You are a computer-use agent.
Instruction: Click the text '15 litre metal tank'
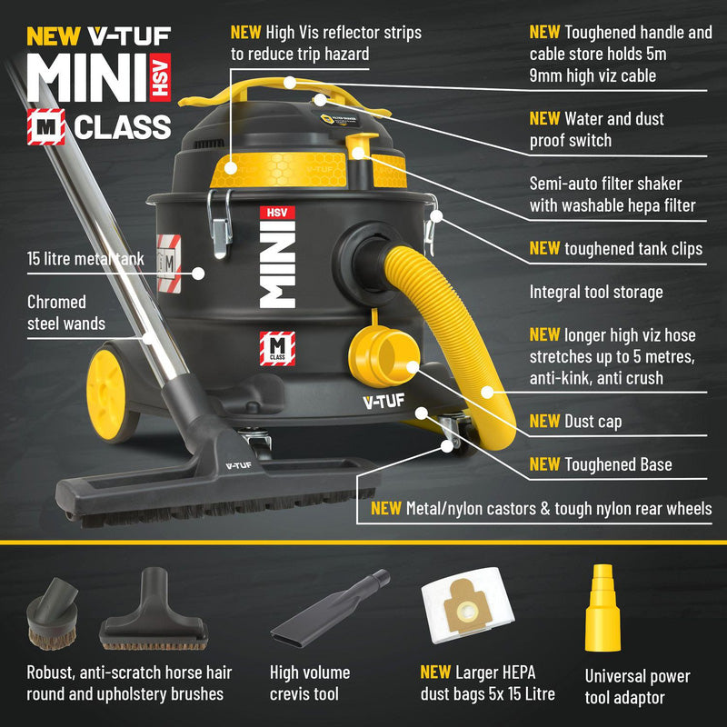point(85,260)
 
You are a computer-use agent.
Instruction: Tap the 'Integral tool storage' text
point(596,293)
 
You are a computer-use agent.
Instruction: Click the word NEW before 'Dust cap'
point(544,421)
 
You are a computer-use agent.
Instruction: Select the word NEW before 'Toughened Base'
point(544,464)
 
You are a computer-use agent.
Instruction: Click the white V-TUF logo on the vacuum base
point(383,400)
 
